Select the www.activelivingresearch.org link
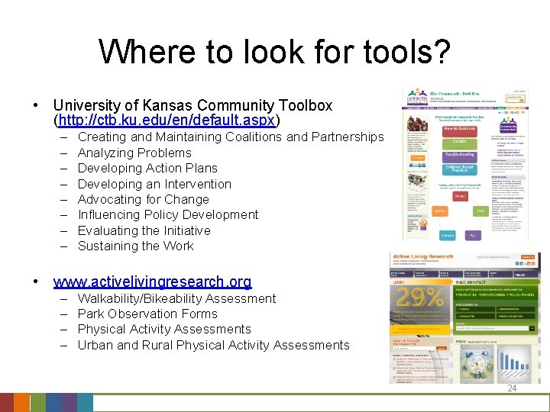pos(153,282)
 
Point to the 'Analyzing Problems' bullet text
pos(134,153)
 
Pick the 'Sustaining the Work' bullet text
pos(135,246)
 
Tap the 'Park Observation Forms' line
pos(147,314)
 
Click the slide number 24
pos(511,388)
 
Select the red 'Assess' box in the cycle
pos(460,196)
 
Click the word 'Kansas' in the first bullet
pos(170,105)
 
